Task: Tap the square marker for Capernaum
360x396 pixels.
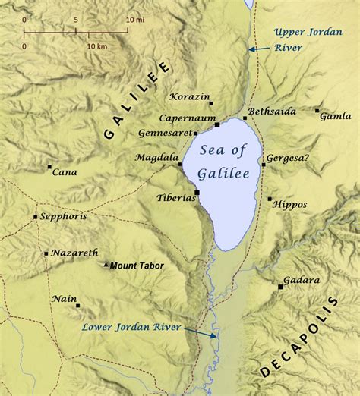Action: [216, 124]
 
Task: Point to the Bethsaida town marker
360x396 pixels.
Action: [245, 118]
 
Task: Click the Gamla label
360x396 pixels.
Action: [336, 116]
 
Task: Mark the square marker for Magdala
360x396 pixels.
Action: [179, 164]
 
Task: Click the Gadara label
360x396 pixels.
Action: [301, 280]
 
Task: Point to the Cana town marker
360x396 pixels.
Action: [49, 167]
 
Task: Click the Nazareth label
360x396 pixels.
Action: [74, 252]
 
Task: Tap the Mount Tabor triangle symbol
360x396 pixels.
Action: [106, 265]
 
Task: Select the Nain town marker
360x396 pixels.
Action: [77, 306]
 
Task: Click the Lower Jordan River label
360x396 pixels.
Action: [131, 327]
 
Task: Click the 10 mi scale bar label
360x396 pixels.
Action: [134, 17]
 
